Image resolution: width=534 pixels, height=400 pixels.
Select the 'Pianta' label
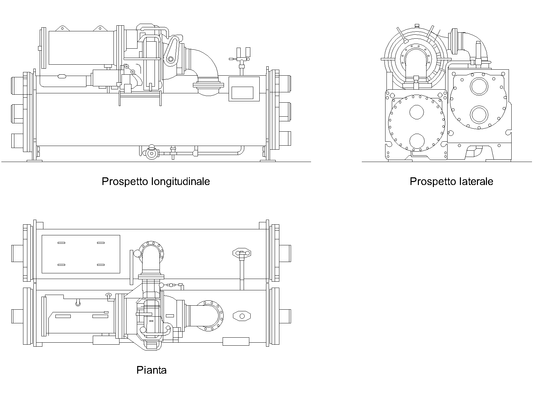[x=151, y=370]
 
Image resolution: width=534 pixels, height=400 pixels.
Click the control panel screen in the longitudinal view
[x=242, y=93]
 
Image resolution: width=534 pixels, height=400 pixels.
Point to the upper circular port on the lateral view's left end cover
[x=417, y=112]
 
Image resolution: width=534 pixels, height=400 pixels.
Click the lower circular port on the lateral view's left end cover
[x=417, y=141]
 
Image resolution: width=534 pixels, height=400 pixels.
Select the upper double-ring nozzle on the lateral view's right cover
[x=479, y=86]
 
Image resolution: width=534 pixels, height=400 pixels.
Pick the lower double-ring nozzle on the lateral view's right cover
[x=479, y=115]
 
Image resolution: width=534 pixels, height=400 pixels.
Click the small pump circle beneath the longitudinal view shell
[x=152, y=153]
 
